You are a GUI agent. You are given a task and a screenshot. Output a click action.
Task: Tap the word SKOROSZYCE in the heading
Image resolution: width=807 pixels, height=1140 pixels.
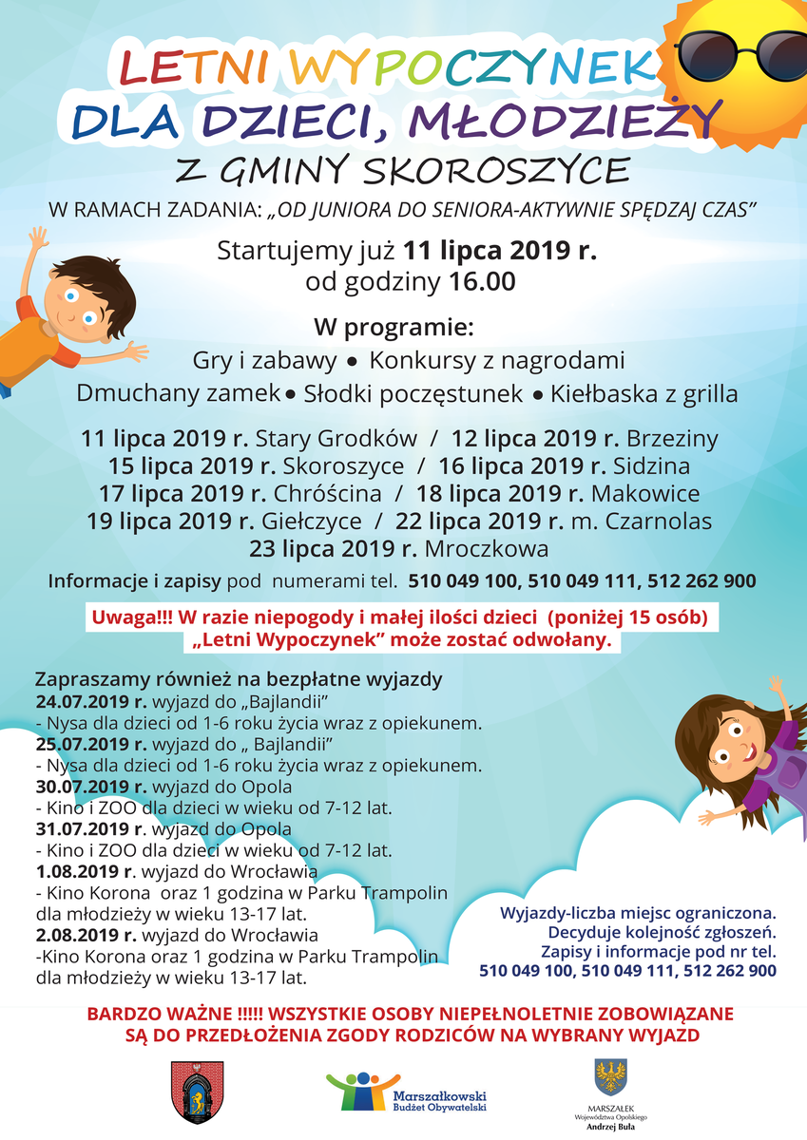[x=496, y=171]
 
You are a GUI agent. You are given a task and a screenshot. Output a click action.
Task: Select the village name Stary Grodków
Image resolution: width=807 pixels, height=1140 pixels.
[x=336, y=439]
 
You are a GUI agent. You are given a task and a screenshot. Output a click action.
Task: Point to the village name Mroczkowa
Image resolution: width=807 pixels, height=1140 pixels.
[x=487, y=549]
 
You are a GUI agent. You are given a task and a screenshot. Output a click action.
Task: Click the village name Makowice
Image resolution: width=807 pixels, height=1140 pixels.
[x=645, y=494]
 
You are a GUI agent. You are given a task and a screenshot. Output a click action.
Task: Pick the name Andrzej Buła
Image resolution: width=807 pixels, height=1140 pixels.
[x=610, y=1128]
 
